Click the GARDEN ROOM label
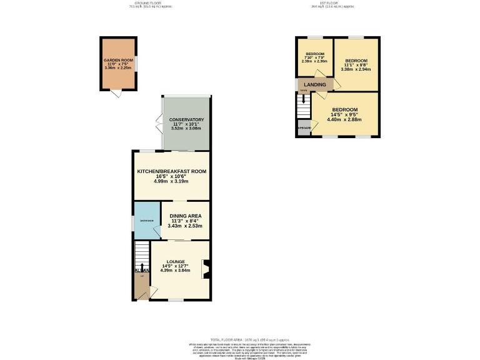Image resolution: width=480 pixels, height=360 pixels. click(119, 61)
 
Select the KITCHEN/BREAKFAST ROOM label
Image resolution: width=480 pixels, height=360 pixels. click(171, 171)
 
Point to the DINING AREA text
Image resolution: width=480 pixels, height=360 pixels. click(186, 216)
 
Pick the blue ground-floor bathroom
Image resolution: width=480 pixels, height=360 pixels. click(146, 221)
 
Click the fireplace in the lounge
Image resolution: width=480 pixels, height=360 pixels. click(205, 269)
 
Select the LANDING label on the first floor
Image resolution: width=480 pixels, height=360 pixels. click(315, 84)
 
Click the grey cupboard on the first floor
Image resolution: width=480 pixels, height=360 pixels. click(304, 128)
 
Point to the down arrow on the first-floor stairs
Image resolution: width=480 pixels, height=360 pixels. click(304, 101)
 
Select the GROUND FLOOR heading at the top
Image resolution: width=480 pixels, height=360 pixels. click(150, 4)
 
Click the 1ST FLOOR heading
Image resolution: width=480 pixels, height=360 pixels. click(323, 4)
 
